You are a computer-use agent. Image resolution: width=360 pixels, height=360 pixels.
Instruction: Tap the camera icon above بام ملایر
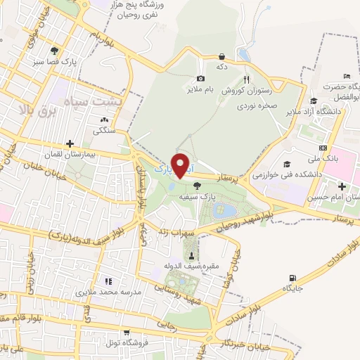tap(202, 79)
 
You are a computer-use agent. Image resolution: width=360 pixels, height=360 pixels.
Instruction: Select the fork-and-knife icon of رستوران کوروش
tap(245, 79)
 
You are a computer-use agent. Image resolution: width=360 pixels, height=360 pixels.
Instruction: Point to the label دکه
tap(222, 67)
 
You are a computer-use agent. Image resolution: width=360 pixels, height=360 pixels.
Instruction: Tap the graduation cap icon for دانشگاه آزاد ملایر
tap(311, 100)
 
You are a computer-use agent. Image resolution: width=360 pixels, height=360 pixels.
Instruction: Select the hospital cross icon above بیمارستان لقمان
tap(69, 143)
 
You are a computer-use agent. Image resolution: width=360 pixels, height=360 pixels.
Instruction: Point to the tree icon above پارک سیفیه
tap(196, 185)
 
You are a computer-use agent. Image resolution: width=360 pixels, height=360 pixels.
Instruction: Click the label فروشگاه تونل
tap(105, 343)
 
